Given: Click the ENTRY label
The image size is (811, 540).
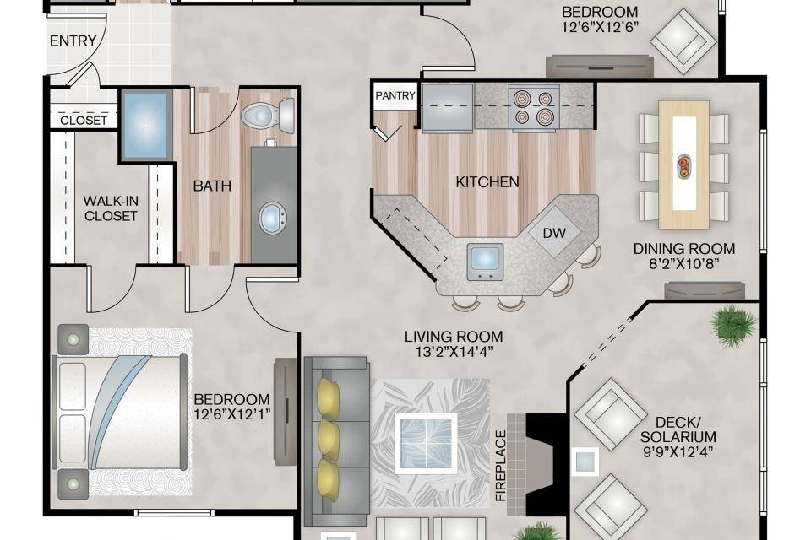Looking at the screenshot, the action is pyautogui.click(x=73, y=40).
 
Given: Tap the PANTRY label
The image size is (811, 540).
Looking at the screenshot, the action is pyautogui.click(x=395, y=95).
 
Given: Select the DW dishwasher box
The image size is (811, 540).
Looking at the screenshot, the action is pyautogui.click(x=554, y=233).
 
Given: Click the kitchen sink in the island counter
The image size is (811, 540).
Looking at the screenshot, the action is pyautogui.click(x=485, y=262).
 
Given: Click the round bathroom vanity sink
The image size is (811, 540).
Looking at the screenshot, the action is pyautogui.click(x=273, y=218).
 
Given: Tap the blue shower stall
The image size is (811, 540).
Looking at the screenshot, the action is pyautogui.click(x=146, y=125).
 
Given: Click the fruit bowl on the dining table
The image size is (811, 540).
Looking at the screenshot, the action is pyautogui.click(x=683, y=167).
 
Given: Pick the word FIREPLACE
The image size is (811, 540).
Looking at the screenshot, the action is pyautogui.click(x=500, y=466).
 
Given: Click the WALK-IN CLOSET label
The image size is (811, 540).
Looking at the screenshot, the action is pyautogui.click(x=111, y=208).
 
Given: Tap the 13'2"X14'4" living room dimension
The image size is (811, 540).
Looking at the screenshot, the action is pyautogui.click(x=454, y=352).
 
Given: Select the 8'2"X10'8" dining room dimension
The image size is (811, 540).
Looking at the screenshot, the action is pyautogui.click(x=684, y=264).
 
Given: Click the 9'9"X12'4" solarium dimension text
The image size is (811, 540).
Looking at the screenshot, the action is pyautogui.click(x=678, y=451).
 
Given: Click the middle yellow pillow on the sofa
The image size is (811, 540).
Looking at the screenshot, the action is pyautogui.click(x=329, y=439).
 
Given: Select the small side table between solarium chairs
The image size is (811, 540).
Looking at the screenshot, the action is pyautogui.click(x=585, y=462).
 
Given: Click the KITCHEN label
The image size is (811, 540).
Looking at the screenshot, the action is pyautogui.click(x=487, y=182).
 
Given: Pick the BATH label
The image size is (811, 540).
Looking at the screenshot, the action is pyautogui.click(x=212, y=186).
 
